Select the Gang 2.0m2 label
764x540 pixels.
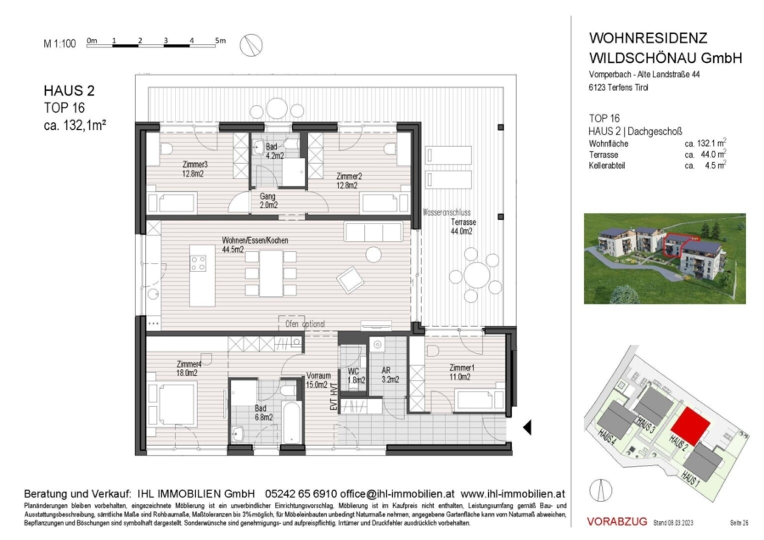point(268,200)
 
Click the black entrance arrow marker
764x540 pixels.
point(526,427)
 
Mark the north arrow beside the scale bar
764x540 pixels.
point(250,44)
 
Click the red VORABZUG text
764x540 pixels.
point(617,520)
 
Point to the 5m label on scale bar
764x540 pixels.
point(219,40)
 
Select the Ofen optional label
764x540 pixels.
point(302,323)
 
